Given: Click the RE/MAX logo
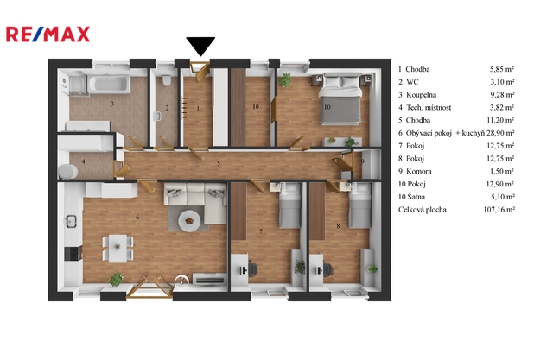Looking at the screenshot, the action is click(x=48, y=35).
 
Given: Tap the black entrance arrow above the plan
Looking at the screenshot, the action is click(x=200, y=46).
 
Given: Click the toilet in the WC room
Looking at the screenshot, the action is click(x=167, y=80).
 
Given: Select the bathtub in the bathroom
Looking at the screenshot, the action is click(x=109, y=85).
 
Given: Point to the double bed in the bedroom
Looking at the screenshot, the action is click(x=340, y=99).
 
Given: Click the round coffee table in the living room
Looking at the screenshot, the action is click(x=189, y=221).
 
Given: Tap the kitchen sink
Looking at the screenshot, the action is click(x=71, y=221).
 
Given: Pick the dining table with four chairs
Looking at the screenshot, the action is click(x=118, y=248).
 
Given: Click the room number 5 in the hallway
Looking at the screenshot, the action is click(x=219, y=163).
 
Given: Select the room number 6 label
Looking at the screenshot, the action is click(x=137, y=218).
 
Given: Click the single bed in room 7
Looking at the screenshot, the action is click(x=290, y=205).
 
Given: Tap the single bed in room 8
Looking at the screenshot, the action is click(x=359, y=205).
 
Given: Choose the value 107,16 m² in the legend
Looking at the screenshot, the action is click(x=499, y=209).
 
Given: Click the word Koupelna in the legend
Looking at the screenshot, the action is click(x=421, y=95).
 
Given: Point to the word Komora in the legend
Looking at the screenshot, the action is click(x=418, y=171).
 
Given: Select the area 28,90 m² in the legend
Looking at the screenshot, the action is click(x=500, y=133).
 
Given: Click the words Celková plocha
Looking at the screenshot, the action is click(x=423, y=210).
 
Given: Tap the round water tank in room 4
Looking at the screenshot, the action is click(x=68, y=172).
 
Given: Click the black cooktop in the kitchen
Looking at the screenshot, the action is click(x=73, y=253).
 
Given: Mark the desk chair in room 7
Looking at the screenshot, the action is click(x=252, y=269).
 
